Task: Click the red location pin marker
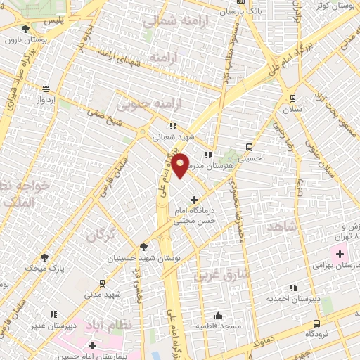tap(180, 165)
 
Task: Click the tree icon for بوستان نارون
tap(25, 29)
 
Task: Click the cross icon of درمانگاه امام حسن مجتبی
tap(194, 200)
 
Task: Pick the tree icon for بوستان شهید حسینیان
tap(143, 247)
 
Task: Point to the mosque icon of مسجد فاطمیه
tap(219, 314)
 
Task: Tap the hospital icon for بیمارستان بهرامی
tap(333, 253)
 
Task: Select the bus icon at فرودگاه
tap(317, 323)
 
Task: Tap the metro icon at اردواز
tap(46, 89)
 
